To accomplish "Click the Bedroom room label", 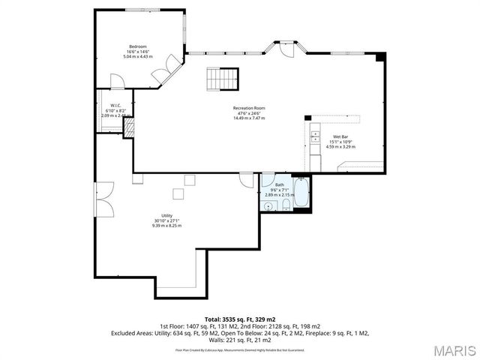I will [137, 46].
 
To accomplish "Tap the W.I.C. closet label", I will [115, 105].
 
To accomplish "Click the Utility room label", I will [166, 215].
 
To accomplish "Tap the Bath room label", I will [280, 184].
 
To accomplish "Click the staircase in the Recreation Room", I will [223, 77].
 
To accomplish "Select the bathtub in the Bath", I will [301, 193].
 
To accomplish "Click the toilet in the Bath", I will [286, 205].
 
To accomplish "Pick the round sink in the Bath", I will [268, 205].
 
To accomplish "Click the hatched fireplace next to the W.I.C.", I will [129, 128].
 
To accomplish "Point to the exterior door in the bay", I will [286, 48].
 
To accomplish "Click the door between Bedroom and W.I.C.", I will [116, 82].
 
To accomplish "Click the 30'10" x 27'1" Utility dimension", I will [166, 220].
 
